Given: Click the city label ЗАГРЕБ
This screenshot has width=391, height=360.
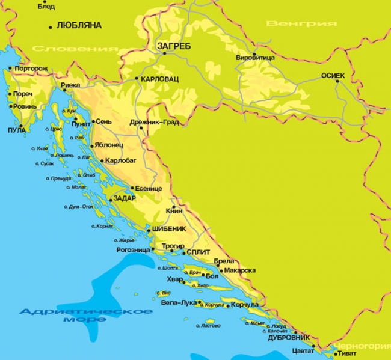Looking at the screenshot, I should click(174, 46).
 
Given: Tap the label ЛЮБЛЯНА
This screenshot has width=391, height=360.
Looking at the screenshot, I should click(78, 26).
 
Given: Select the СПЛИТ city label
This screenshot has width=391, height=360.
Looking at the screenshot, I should click(199, 252).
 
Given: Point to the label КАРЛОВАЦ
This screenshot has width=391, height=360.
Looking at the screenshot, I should click(161, 79).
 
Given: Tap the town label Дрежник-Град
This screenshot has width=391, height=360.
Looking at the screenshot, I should click(154, 122).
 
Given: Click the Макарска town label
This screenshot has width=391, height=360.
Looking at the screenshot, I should click(241, 270).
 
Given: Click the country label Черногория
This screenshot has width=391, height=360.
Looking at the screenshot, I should click(363, 346).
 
